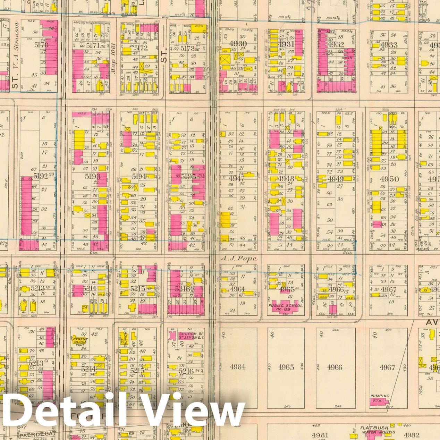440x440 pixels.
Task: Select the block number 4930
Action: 238,44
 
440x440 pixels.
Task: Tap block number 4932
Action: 336,44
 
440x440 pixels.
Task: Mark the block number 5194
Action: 139,177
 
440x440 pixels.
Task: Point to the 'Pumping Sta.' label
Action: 380,398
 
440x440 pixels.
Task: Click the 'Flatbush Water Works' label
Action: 373,430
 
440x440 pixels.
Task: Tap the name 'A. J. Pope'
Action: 239,259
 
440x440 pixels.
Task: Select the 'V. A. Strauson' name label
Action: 15,56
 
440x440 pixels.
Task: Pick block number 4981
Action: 320,435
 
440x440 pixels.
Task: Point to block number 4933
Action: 389,45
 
